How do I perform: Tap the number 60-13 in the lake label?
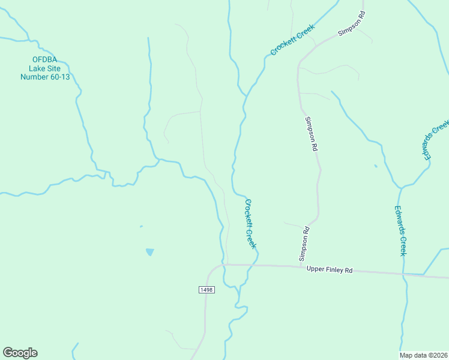tap(58, 76)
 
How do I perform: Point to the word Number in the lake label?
tap(34, 76)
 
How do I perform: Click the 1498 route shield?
tap(206, 290)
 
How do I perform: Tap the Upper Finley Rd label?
tap(329, 270)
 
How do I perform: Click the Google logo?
tap(20, 353)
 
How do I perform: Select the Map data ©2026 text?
tap(423, 355)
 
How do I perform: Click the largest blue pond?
tap(149, 252)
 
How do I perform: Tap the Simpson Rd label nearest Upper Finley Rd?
tap(304, 243)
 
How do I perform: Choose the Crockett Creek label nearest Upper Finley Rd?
tap(250, 223)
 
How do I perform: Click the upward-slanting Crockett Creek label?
tap(292, 40)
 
